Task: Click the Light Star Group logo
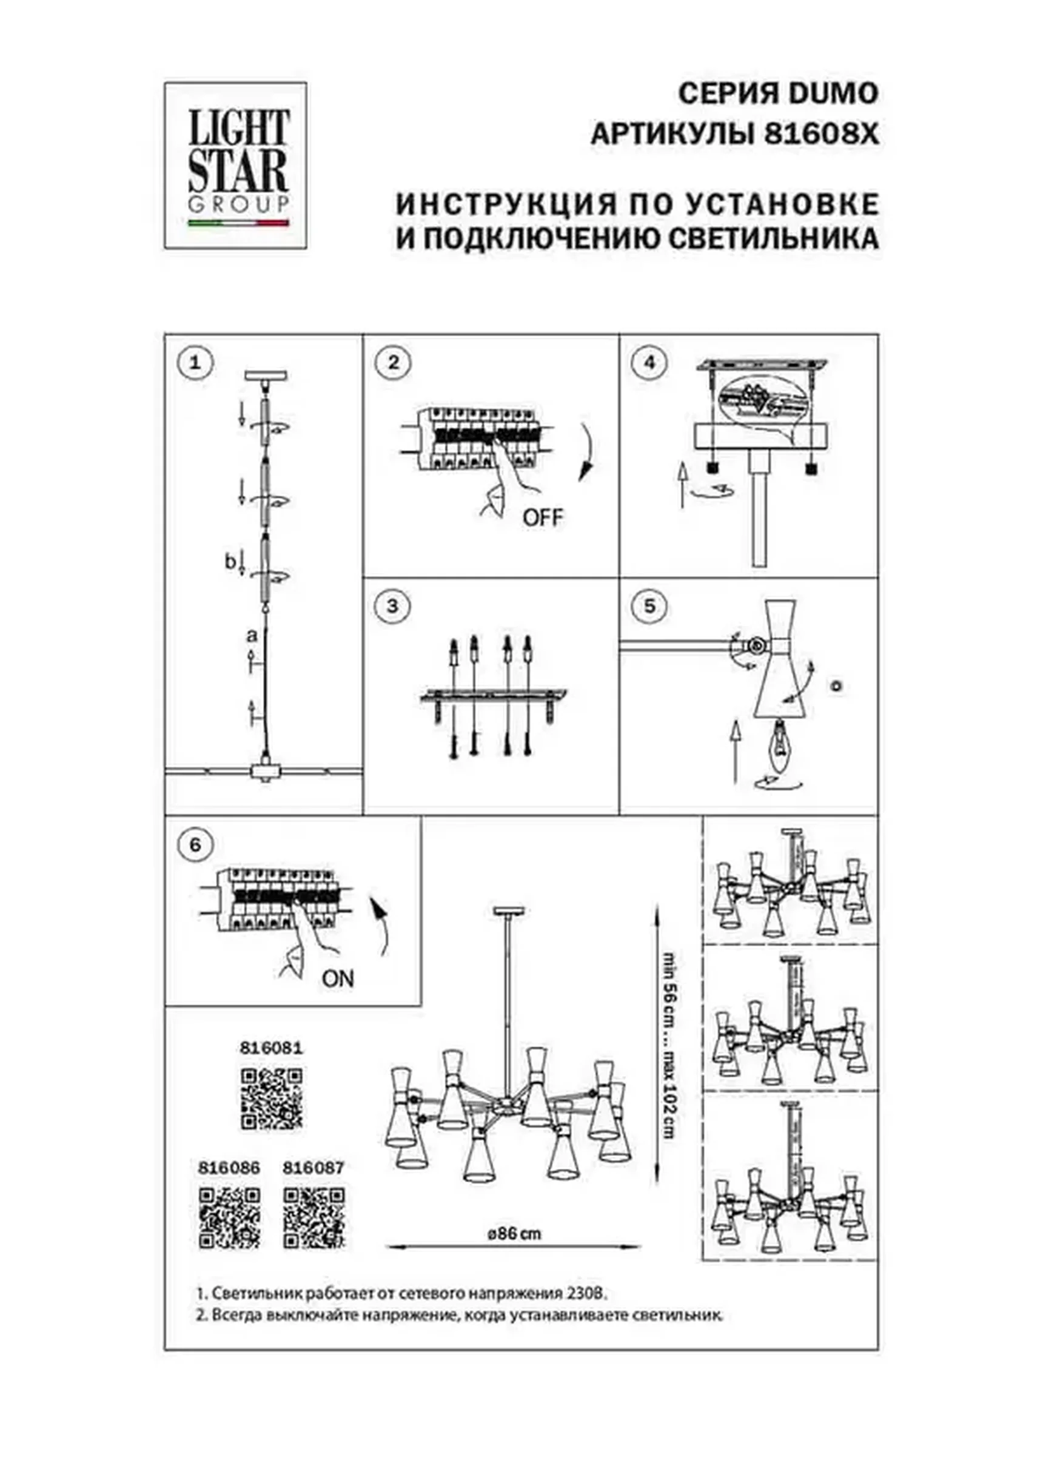point(235,166)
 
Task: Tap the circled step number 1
point(195,363)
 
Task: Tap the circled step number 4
point(649,363)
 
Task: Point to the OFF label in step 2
point(542,517)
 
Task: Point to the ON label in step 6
point(338,978)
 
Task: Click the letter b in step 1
point(230,561)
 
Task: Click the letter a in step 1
point(252,636)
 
